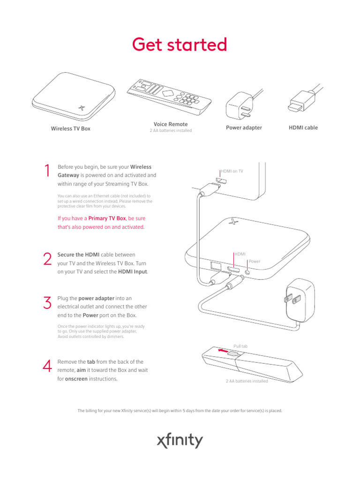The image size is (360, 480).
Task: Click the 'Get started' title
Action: [180, 45]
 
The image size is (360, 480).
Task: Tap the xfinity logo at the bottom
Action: [180, 441]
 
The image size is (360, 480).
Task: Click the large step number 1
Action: [46, 172]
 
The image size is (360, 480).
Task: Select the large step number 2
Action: [46, 259]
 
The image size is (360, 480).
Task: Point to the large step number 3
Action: [46, 303]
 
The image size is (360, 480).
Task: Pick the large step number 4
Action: [46, 367]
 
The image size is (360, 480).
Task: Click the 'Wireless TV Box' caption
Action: [70, 128]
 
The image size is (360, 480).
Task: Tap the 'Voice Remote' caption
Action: [170, 124]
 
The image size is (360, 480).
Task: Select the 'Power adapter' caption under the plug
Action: [244, 127]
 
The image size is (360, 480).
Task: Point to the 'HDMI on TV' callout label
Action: [232, 172]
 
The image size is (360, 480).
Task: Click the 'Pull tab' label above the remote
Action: [240, 346]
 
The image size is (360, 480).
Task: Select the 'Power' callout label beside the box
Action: [255, 261]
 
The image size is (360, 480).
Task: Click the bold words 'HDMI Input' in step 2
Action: [133, 272]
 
